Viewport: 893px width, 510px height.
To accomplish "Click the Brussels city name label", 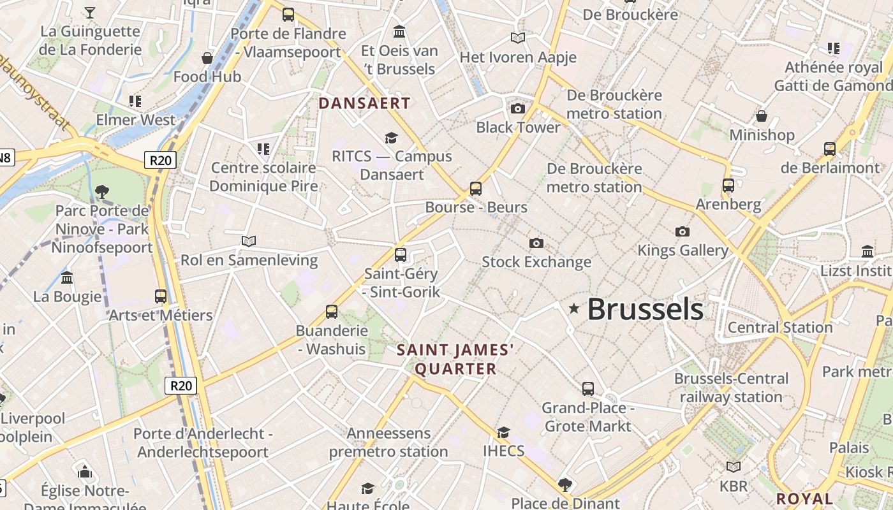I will pos(645,309).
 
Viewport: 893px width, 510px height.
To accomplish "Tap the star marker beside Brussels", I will pos(574,309).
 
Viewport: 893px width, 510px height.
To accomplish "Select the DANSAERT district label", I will pos(364,103).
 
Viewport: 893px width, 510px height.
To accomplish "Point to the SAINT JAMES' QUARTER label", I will pos(455,359).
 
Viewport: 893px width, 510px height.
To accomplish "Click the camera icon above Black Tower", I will pos(518,108).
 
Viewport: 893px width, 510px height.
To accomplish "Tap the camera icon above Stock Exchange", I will pos(536,243).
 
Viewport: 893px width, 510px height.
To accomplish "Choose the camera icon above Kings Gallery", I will pos(683,231).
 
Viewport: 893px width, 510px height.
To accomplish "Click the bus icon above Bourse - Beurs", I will pos(476,188).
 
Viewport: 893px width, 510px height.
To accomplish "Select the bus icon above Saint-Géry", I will pos(401,254).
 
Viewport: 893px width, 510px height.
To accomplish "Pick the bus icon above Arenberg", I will pos(728,186).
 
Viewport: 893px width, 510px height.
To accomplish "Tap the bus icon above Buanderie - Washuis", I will pos(332,311).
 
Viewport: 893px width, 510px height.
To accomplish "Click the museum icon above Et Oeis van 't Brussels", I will pos(399,31).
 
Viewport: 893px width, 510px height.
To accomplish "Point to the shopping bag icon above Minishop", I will pos(762,115).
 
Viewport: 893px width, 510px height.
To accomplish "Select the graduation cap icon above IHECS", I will pos(503,432).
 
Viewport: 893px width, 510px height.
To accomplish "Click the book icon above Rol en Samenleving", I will pos(249,241).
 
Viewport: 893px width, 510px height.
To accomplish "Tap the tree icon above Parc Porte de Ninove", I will pos(102,191).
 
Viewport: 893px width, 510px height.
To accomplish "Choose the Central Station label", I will pos(780,328).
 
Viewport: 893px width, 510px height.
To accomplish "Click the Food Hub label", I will pos(207,77).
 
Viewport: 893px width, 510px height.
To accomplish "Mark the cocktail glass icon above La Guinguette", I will pos(90,12).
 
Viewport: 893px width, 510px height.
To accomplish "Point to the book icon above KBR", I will pos(734,467).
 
